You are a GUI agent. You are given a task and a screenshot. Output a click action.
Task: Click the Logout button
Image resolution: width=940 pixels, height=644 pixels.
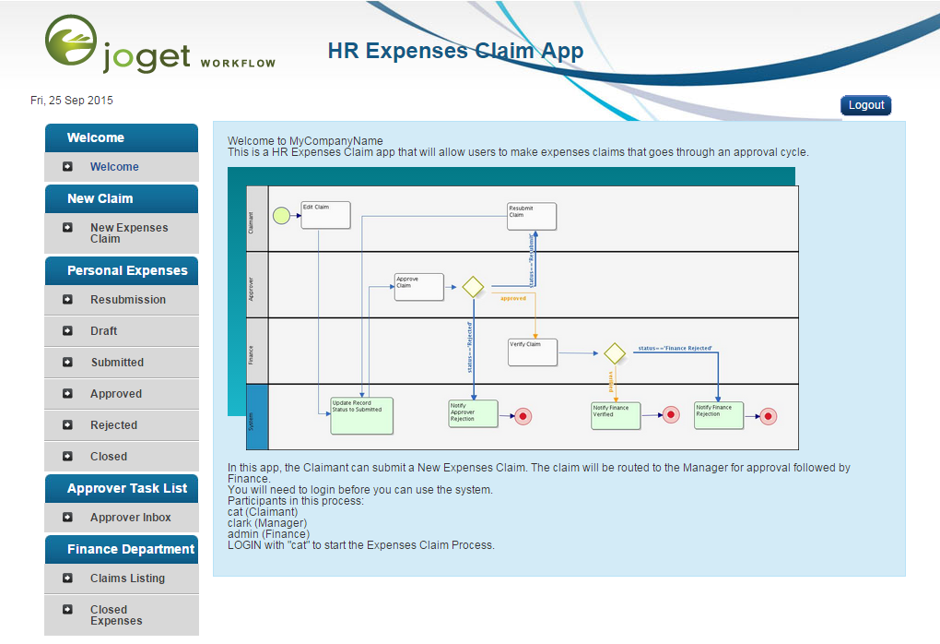[x=865, y=105]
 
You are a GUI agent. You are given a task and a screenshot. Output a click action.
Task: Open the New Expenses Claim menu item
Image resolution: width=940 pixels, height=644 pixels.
[x=128, y=233]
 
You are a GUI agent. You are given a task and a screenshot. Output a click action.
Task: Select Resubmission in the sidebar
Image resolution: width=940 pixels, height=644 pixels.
[x=127, y=300]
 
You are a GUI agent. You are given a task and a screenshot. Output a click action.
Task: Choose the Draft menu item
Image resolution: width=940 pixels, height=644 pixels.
[x=103, y=331]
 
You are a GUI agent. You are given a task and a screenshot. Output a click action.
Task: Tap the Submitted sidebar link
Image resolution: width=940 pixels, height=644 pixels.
[x=117, y=363]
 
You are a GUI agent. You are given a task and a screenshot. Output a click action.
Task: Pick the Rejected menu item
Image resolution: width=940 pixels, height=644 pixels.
[x=113, y=425]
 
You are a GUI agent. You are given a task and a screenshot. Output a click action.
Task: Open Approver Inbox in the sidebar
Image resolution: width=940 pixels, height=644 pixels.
[x=130, y=518]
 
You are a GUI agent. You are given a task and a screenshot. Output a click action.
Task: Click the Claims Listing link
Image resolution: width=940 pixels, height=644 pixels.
[x=127, y=578]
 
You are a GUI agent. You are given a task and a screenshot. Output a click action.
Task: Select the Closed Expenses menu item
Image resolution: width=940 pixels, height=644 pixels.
[x=116, y=615]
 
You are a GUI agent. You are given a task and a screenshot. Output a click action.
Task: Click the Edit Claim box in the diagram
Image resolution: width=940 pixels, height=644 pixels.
[x=325, y=215]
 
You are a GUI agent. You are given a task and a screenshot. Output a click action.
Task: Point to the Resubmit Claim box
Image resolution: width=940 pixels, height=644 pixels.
[x=532, y=216]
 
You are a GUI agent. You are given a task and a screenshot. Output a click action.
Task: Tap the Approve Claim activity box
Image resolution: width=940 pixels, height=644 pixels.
[x=418, y=287]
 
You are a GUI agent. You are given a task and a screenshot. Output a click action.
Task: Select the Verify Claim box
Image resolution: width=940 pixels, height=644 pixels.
[x=533, y=352]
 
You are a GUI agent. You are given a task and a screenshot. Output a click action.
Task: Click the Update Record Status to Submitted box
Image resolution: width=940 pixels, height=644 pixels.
[x=361, y=415]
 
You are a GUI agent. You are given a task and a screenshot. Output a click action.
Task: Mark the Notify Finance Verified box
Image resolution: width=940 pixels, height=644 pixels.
[x=615, y=415]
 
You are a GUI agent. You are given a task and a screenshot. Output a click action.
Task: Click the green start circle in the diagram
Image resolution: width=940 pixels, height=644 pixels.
[x=281, y=216]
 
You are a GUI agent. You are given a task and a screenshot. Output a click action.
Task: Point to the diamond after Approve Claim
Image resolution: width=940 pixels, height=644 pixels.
[x=473, y=287]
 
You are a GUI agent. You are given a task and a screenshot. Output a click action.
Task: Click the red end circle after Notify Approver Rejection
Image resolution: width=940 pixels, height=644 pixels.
[x=523, y=416]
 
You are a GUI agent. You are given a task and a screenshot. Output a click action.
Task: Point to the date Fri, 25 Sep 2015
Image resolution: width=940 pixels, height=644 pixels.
[x=72, y=101]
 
